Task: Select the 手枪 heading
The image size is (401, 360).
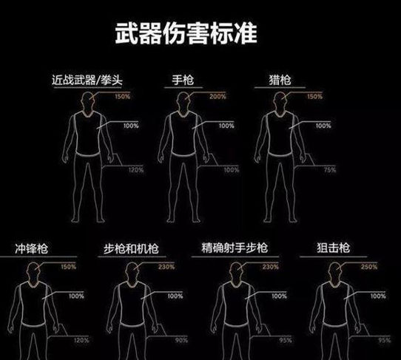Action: point(181,79)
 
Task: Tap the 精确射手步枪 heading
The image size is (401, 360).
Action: point(233,249)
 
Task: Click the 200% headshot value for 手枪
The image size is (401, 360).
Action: point(218,97)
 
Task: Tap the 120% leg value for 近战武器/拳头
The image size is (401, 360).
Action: point(135,169)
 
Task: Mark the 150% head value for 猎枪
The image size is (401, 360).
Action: point(314,97)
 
